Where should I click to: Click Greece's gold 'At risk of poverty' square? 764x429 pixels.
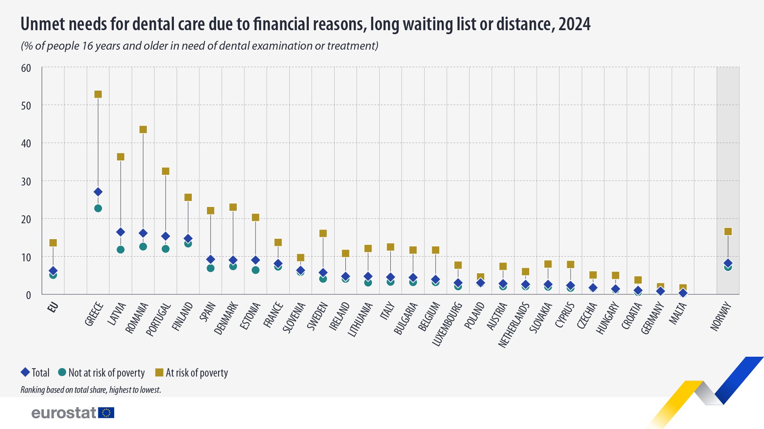coord(98,94)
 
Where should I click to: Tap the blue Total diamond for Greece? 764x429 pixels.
coord(98,192)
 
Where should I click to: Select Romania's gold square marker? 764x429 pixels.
coord(143,129)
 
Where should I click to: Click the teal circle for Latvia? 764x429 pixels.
coord(121,249)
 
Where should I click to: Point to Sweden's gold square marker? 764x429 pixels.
coord(323,233)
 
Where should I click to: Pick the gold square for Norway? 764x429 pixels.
coord(728,232)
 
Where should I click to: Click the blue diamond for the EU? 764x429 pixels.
coord(53,271)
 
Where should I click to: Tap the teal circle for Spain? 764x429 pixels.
coord(210,268)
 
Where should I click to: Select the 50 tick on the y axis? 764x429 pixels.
coord(26,106)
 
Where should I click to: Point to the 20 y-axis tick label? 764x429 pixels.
coord(26,219)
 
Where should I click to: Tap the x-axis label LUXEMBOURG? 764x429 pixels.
coord(447,324)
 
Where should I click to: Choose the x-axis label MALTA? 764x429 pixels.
coord(678,313)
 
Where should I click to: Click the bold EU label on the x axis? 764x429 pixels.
coord(53,307)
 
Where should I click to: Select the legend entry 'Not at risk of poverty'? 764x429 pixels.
coord(106,373)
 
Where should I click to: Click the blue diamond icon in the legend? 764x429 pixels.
coord(25,372)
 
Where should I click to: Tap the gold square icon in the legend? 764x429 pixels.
coord(159,372)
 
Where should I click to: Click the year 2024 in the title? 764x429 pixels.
coord(574,24)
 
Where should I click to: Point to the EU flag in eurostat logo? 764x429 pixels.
coord(106,413)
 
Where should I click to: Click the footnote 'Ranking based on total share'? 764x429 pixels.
coord(91,390)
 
